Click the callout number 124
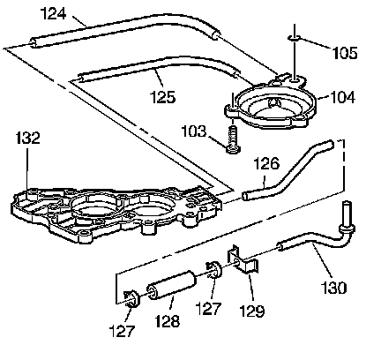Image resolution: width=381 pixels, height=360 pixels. [53, 13]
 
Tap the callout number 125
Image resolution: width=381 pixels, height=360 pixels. [162, 97]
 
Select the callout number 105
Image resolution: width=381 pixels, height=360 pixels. [345, 53]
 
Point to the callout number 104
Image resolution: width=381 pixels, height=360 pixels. [343, 97]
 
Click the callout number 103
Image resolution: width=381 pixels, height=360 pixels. [194, 131]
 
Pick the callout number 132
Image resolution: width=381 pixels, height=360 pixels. [27, 138]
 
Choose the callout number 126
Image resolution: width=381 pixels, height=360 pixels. [266, 163]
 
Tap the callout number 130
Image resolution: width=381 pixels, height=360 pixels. [333, 288]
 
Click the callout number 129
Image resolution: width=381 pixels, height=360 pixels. [252, 311]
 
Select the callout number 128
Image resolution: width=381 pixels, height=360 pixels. [167, 321]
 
